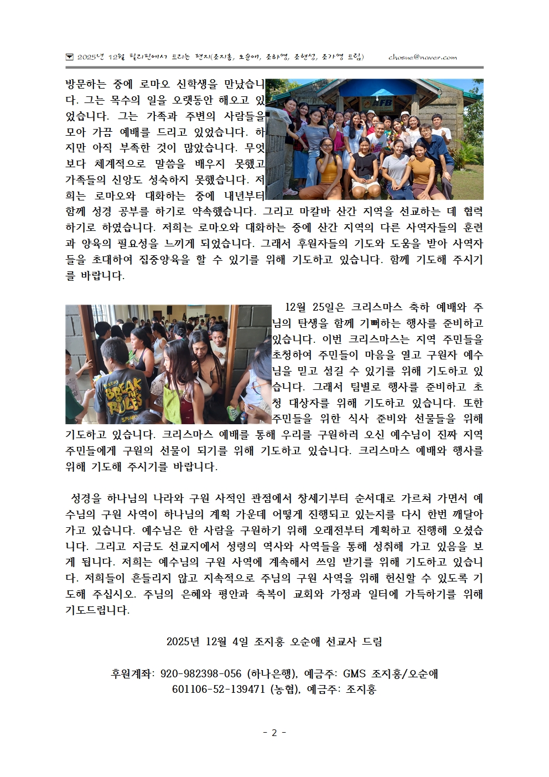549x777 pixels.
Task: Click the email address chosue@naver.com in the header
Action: click(x=422, y=57)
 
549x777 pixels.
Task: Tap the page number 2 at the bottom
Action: click(x=274, y=732)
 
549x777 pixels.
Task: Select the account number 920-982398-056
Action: click(x=201, y=674)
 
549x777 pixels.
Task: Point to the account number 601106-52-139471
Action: click(x=219, y=689)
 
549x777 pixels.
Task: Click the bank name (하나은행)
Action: click(x=272, y=674)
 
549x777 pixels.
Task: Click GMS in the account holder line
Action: click(x=355, y=674)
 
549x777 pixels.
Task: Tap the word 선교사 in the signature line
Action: click(x=339, y=642)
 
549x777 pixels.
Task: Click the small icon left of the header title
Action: click(x=69, y=57)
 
